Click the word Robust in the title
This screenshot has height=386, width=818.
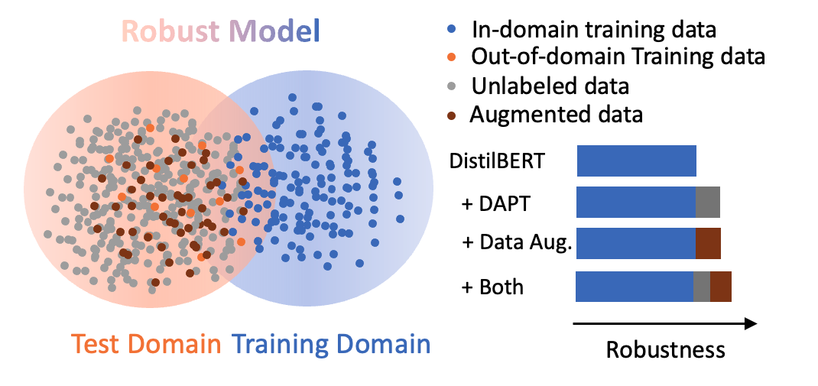pos(170,31)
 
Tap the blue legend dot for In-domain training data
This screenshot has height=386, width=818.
pos(452,29)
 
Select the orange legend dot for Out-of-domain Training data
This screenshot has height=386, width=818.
pos(452,56)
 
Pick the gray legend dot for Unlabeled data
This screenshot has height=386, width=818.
pos(452,85)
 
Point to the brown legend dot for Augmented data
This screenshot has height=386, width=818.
pos(452,114)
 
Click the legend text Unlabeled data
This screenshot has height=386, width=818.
pos(550,86)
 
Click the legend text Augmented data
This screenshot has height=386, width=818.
pos(556,115)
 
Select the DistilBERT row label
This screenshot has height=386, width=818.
pos(497,161)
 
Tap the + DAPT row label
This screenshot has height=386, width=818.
pos(495,203)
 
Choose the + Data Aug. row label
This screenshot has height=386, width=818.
pos(518,243)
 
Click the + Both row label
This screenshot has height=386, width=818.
pos(492,287)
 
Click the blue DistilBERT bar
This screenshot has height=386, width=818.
pos(637,161)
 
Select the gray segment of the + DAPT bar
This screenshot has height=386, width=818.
pos(708,202)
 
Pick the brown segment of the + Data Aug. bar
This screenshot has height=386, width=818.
pos(709,243)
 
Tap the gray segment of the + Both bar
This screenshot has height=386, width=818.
pos(703,287)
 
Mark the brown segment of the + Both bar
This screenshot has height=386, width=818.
pos(721,287)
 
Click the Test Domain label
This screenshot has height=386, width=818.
pos(147,344)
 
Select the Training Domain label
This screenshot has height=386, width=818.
pos(333,345)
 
